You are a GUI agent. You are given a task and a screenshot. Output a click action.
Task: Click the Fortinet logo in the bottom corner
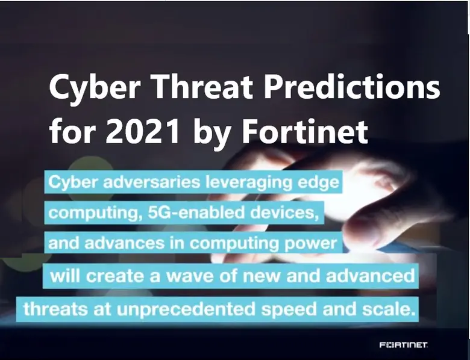404,345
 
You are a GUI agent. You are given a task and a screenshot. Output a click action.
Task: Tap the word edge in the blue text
316,182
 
